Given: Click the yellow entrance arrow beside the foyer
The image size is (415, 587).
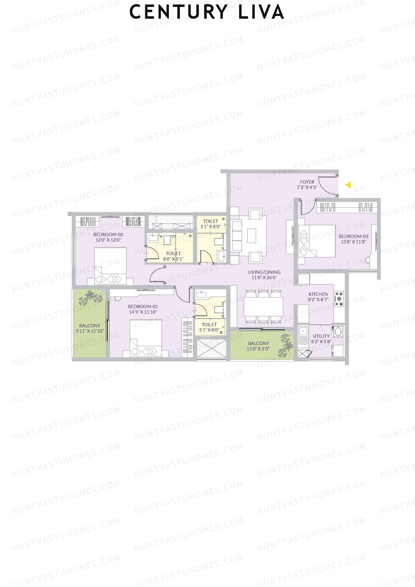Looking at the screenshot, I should (x=348, y=185).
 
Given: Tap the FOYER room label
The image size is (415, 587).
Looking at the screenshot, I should (x=307, y=182).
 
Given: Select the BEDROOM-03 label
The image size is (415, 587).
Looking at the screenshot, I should (x=353, y=237).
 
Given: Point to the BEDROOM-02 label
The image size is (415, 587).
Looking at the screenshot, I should (x=108, y=235).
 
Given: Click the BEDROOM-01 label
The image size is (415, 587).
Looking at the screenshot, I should (x=143, y=306).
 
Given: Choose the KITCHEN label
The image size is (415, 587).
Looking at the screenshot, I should (x=318, y=294).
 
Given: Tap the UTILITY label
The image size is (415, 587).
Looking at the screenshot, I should (x=321, y=336).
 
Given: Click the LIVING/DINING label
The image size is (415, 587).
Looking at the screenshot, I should (x=264, y=272).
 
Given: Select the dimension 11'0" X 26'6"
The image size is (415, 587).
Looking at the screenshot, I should (x=264, y=277).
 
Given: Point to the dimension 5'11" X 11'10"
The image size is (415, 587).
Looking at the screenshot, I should (x=90, y=331).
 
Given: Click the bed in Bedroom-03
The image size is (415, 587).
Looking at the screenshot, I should (x=317, y=241).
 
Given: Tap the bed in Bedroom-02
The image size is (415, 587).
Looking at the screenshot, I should (x=110, y=266).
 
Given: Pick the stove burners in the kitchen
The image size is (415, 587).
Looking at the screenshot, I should (x=339, y=299).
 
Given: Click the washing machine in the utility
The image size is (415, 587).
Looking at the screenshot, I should (x=338, y=332).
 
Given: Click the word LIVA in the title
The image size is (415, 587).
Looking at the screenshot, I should (x=261, y=12).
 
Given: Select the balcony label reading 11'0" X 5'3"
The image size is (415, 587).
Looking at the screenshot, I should (x=258, y=349).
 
